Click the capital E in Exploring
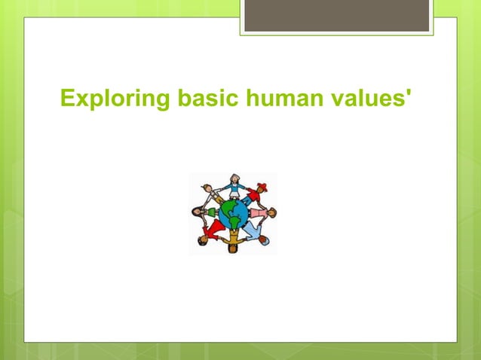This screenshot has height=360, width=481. point(66,99)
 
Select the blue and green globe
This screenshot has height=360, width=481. point(233,213)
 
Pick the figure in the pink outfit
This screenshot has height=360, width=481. point(260,214)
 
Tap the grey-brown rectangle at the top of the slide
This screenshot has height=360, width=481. point(336,15)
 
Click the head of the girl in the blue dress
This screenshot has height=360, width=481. point(234,179)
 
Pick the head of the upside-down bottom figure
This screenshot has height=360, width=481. point(233,249)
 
